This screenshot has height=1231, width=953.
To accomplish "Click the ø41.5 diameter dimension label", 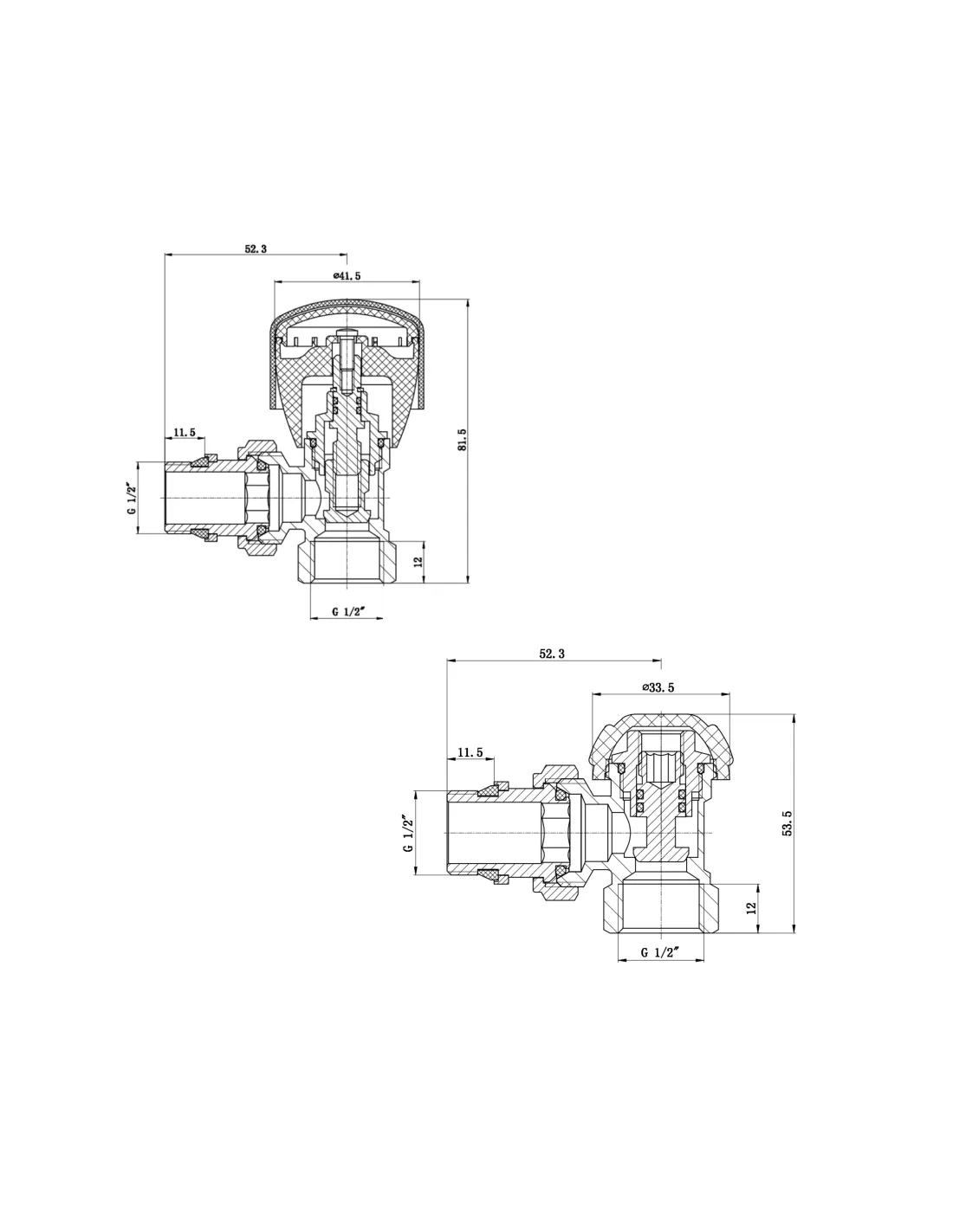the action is [x=347, y=276].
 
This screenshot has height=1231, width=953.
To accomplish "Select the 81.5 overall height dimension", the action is [x=462, y=439].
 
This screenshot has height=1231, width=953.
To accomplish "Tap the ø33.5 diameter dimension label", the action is [x=658, y=687].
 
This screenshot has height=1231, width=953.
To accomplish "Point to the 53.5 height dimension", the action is [x=788, y=823].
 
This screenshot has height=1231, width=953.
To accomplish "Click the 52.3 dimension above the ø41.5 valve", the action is [x=256, y=248].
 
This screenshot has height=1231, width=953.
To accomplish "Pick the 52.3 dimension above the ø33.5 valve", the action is [x=552, y=654].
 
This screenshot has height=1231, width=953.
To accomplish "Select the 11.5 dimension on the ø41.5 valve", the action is [x=185, y=432].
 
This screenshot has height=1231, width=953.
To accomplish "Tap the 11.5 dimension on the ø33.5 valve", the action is [x=470, y=752].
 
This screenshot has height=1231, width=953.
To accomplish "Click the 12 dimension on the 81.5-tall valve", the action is [x=418, y=562].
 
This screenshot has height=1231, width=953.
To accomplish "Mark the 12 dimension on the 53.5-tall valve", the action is [x=752, y=908].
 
